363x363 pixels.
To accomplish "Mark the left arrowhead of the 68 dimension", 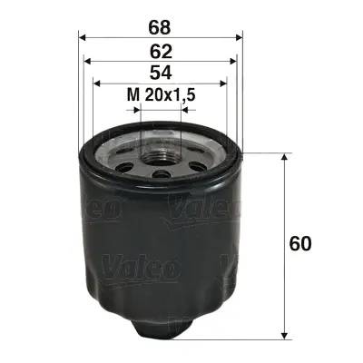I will click(x=83, y=37).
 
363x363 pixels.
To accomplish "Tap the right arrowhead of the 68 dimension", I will click(x=240, y=37).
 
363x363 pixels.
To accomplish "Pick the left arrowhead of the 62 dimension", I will click(x=89, y=62).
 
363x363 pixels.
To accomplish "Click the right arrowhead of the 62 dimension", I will click(x=234, y=62).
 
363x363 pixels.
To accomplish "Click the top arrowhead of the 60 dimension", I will click(x=287, y=157).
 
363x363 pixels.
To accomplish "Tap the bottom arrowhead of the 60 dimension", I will click(x=287, y=332).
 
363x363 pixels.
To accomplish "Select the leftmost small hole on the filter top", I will click(x=119, y=157).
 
